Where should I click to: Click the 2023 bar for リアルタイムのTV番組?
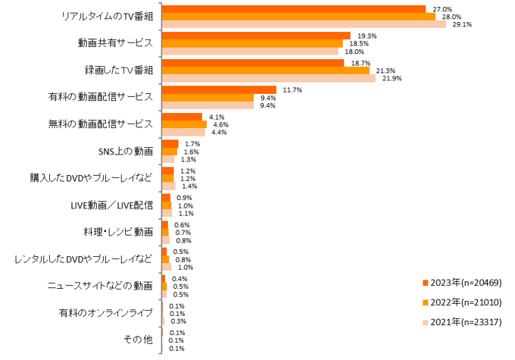point(293,8)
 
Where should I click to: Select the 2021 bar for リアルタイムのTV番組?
point(303,23)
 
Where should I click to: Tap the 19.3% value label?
point(367,36)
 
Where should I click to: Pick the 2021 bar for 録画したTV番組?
point(268,78)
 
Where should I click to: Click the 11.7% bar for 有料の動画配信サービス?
point(219,89)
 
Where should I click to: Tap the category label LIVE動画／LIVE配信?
point(112,204)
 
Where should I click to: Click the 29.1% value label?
point(462,24)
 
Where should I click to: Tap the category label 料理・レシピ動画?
point(119,231)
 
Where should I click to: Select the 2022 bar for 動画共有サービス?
point(252,43)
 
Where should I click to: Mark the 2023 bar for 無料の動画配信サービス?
point(182,117)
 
